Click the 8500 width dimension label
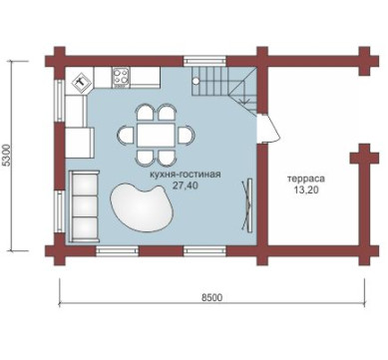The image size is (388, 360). pyautogui.click(x=211, y=297)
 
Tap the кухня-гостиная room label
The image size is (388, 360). pyautogui.click(x=185, y=175)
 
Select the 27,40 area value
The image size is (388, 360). pyautogui.click(x=186, y=185)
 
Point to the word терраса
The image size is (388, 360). pyautogui.click(x=306, y=179)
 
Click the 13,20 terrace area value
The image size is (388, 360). pyautogui.click(x=306, y=189)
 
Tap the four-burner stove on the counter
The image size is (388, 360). pyautogui.click(x=121, y=77)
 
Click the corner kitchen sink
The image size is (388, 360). pyautogui.click(x=81, y=81)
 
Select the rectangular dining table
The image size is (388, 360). pyautogui.click(x=156, y=135)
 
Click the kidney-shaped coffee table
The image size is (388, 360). pyautogui.click(x=143, y=206)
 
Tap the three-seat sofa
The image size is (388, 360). pyautogui.click(x=84, y=206)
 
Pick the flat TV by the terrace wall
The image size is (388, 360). pyautogui.click(x=247, y=204)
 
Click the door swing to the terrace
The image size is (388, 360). pyautogui.click(x=269, y=128)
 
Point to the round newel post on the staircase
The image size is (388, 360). pyautogui.click(x=196, y=81)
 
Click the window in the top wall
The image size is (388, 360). pyautogui.click(x=204, y=61)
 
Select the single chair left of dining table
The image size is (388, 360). pyautogui.click(x=126, y=135)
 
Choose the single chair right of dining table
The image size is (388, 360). pyautogui.click(x=187, y=135)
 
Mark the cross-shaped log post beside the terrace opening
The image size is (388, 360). pyautogui.click(x=364, y=158)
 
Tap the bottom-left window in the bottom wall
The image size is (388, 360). pyautogui.click(x=118, y=251)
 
